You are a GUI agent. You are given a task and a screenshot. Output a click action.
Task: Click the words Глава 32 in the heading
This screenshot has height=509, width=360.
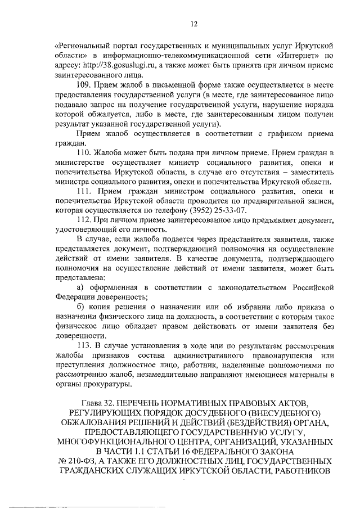pyautogui.click(x=102, y=403)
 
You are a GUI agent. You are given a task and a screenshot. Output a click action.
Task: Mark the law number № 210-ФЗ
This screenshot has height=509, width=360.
pyautogui.click(x=80, y=460)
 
